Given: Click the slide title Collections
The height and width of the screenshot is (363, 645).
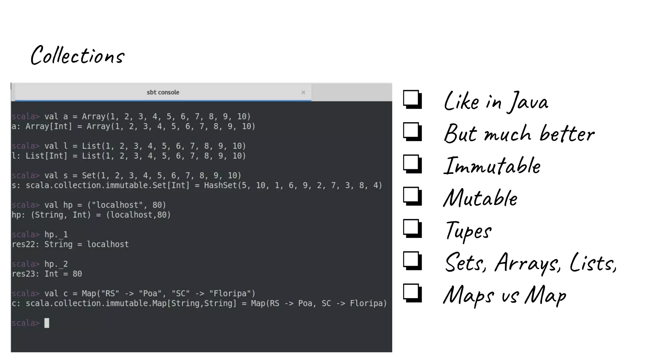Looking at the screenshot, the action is pos(77,55).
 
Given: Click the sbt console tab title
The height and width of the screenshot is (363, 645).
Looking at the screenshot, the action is pos(163,92).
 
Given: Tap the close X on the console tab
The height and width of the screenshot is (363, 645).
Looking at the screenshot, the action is pos(303,92).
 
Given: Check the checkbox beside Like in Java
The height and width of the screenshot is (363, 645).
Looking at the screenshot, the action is pos(412,99).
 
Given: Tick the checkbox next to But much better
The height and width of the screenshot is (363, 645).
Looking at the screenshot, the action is pos(412,131).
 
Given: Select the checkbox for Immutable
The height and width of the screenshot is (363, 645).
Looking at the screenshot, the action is pos(412,164).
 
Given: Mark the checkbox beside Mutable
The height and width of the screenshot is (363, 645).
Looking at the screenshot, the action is pos(412,196).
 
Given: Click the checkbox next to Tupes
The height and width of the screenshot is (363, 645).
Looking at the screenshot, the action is pos(412,228).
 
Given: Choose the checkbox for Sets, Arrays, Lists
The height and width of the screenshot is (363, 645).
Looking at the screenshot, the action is pos(412,261).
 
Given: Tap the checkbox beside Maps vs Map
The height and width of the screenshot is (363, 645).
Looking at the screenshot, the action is pos(412,293).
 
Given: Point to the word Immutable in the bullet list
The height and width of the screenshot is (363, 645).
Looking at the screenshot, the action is pos(492,166).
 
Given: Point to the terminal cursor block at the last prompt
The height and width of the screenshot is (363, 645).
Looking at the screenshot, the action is pos(47,323).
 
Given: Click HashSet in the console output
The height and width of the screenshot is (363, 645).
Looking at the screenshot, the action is pos(220,185).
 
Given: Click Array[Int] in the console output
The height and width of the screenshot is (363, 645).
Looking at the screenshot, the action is pos(49,126).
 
